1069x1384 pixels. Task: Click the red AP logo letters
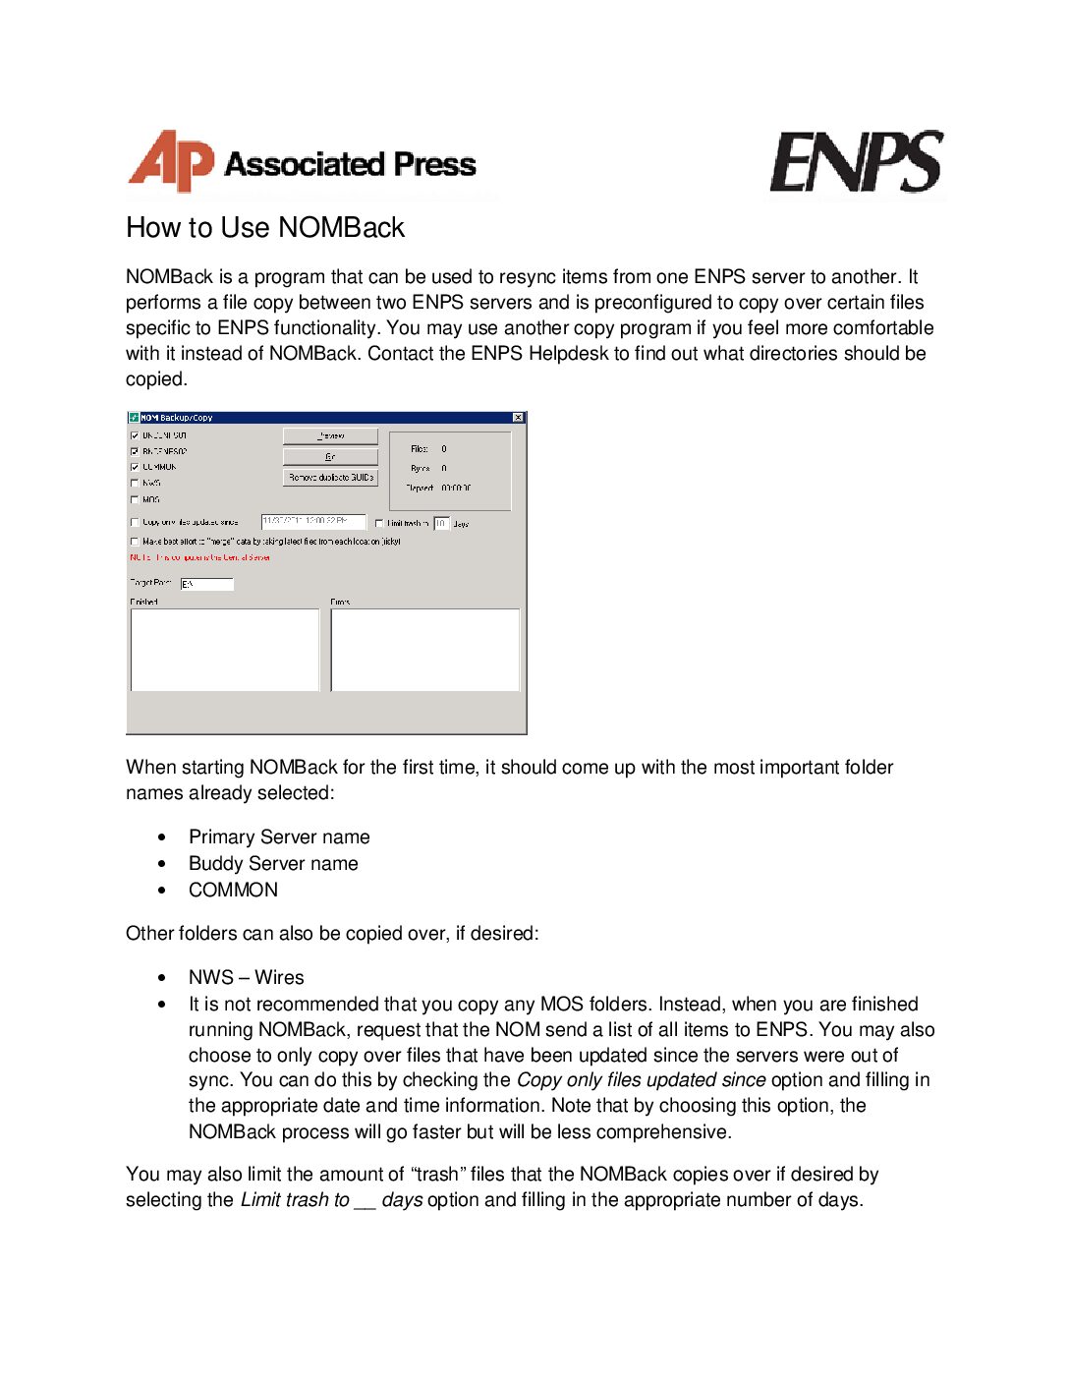171,161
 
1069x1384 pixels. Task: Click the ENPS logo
856,163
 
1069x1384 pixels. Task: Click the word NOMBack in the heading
341,228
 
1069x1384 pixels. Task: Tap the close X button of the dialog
518,418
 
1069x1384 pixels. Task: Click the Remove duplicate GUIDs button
330,478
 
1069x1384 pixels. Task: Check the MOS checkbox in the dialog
135,499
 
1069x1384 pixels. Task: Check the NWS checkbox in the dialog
135,484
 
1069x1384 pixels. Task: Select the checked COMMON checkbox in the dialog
135,467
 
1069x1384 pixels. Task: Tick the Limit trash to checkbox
380,524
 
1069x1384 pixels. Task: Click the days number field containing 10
441,524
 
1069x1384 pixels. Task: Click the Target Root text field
207,584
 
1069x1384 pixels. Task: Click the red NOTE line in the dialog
200,557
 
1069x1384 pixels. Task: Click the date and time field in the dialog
312,522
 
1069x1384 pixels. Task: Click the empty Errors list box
424,650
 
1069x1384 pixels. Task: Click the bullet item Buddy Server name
273,864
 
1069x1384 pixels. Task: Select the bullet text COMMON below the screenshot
233,891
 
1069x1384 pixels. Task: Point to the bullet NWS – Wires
246,978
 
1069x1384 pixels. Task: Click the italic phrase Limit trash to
295,1200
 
